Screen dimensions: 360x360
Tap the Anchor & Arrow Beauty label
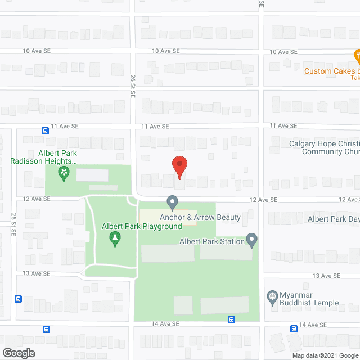200,217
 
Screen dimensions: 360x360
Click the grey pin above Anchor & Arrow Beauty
172,202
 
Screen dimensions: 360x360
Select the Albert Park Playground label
141,226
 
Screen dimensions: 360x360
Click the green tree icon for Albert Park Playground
115,240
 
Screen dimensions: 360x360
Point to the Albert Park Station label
211,241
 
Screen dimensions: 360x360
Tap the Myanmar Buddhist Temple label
309,299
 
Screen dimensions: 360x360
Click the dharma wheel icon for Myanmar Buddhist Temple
272,296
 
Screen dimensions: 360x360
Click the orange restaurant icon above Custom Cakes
357,56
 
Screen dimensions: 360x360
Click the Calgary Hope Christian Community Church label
324,147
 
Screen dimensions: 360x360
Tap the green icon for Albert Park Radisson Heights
64,172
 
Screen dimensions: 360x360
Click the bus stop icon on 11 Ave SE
45,130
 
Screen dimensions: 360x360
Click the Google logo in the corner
18,353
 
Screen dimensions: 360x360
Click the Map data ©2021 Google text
323,355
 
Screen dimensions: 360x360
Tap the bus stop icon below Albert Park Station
231,319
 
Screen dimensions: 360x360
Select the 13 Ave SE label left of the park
37,273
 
